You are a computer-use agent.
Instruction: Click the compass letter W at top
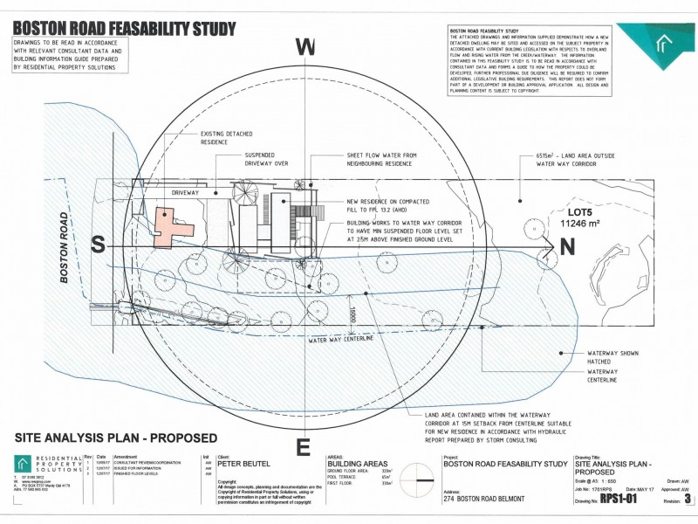tap(305, 48)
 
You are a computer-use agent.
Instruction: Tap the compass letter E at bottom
tap(304, 447)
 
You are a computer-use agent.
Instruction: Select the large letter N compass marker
tap(567, 248)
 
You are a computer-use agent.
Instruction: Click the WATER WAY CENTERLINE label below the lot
tap(341, 340)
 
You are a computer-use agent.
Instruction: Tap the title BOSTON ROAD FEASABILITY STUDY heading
tap(124, 29)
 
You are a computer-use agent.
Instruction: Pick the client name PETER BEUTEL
tap(241, 464)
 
